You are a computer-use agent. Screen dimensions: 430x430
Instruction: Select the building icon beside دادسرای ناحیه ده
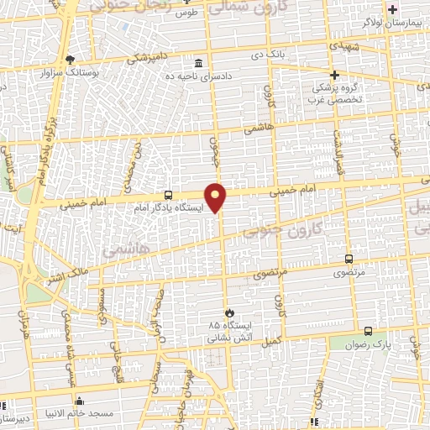pyautogui.click(x=197, y=63)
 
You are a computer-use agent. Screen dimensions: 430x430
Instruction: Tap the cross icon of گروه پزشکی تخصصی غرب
pyautogui.click(x=334, y=74)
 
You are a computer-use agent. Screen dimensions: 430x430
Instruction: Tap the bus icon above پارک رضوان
pyautogui.click(x=368, y=330)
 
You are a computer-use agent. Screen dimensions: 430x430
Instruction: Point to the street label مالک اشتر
pyautogui.click(x=55, y=273)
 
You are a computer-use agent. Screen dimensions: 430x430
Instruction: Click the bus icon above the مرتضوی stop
pyautogui.click(x=349, y=259)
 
